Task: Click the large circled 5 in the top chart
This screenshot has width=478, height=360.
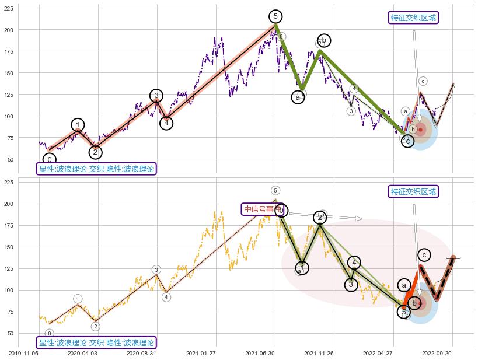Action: (x=276, y=16)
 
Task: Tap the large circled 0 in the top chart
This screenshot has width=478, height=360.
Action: (x=50, y=159)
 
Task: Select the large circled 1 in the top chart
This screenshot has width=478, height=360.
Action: (x=78, y=124)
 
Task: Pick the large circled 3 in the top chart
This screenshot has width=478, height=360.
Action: (x=156, y=96)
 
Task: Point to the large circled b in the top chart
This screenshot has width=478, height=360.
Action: (x=323, y=40)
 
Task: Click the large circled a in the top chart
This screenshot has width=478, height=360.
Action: (x=298, y=97)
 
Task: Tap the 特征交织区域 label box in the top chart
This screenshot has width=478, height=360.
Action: (x=413, y=18)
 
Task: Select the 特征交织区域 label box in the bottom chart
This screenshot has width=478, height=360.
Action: (x=413, y=191)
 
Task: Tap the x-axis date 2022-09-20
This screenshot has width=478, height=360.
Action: (x=437, y=353)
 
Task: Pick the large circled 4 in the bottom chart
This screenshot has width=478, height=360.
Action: (x=354, y=263)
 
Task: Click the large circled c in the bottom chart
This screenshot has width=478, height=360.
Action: (x=425, y=255)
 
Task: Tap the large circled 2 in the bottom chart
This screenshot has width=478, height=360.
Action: (x=320, y=218)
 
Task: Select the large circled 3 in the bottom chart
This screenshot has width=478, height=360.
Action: (x=350, y=285)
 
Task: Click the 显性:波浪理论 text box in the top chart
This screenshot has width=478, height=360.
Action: (x=96, y=169)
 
